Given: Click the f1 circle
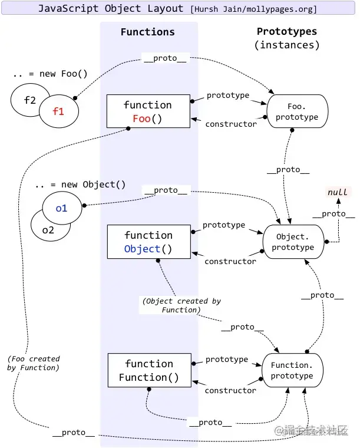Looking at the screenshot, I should [x=59, y=110].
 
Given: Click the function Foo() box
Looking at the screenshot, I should [x=148, y=111].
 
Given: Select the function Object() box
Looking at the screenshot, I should [x=148, y=242].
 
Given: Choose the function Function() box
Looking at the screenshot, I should [x=149, y=370].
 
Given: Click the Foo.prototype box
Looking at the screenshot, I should [x=296, y=111].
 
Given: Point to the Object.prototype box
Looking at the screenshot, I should [x=293, y=242].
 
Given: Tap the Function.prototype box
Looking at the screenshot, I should [x=292, y=370].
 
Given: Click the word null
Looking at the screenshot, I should [x=338, y=192].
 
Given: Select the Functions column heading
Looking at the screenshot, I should [x=148, y=32].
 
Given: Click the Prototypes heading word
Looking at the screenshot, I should [x=287, y=32].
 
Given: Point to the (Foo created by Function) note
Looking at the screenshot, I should [x=34, y=363].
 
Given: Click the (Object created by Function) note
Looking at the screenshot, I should [x=181, y=305].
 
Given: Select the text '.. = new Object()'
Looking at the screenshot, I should [x=80, y=185].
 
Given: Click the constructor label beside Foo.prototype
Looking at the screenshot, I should [x=230, y=124].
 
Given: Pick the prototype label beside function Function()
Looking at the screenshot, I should [x=227, y=359].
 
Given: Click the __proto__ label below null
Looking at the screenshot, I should [x=333, y=214].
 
